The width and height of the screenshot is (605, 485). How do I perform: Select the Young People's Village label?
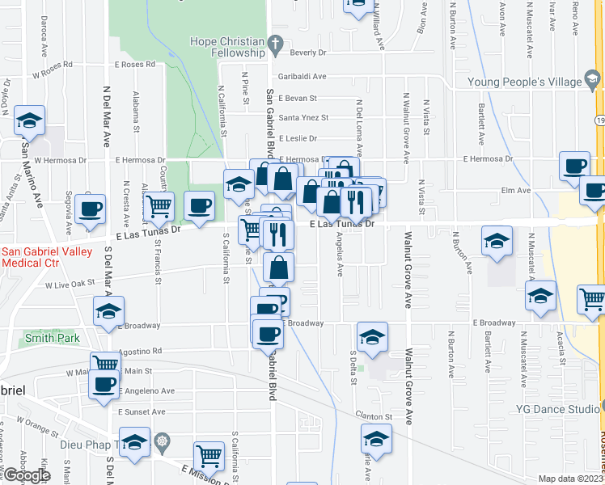(x=524, y=82)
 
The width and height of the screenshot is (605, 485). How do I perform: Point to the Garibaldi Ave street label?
(x=302, y=77)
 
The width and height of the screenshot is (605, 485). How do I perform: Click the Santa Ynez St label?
(x=303, y=117)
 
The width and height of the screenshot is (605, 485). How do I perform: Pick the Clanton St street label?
(x=377, y=417)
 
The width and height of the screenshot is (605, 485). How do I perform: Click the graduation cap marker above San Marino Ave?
(x=30, y=121)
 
